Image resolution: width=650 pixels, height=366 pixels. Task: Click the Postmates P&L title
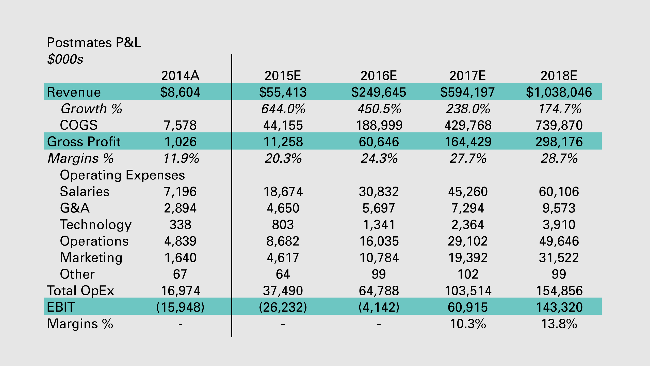[x=94, y=43]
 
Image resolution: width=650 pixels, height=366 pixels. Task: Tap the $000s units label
[x=65, y=59]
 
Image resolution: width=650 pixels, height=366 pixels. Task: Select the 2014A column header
[x=180, y=76]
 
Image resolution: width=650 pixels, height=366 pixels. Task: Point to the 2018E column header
[x=559, y=76]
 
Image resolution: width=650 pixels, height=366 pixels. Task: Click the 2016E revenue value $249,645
[x=379, y=92]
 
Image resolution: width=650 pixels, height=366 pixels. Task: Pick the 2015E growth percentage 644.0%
[x=283, y=109]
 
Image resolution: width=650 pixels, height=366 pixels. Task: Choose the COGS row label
[x=79, y=125]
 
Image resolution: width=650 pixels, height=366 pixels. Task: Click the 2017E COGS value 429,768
[x=468, y=125]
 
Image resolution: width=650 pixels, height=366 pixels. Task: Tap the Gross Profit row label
[x=84, y=142]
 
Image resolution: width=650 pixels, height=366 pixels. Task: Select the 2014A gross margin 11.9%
[x=181, y=158]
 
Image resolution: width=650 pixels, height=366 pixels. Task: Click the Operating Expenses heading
[x=122, y=175]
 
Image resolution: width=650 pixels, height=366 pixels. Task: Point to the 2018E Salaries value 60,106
[x=559, y=192]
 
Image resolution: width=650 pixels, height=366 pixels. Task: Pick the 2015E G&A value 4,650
[x=283, y=208]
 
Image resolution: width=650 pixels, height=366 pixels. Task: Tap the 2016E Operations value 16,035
[x=379, y=241]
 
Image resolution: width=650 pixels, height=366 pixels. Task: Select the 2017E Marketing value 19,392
[x=468, y=258]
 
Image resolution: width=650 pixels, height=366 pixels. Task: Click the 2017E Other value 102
[x=468, y=274]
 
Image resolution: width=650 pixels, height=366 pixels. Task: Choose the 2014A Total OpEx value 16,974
[x=181, y=291]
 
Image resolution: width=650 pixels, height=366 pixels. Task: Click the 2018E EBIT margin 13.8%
[x=559, y=324]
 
